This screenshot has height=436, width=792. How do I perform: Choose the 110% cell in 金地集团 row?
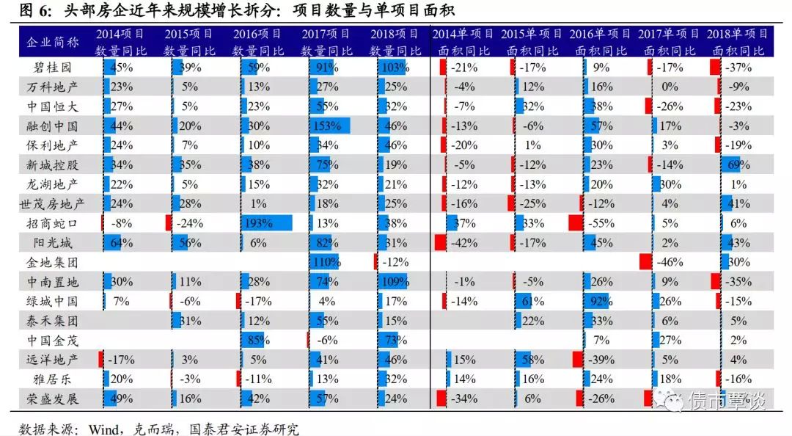point(325,262)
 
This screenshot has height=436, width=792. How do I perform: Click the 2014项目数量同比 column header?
point(120,42)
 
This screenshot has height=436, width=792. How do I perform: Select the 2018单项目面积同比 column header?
point(737,42)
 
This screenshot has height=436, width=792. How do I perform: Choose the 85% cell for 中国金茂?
point(257,340)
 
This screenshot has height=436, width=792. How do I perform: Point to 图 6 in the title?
point(31,10)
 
